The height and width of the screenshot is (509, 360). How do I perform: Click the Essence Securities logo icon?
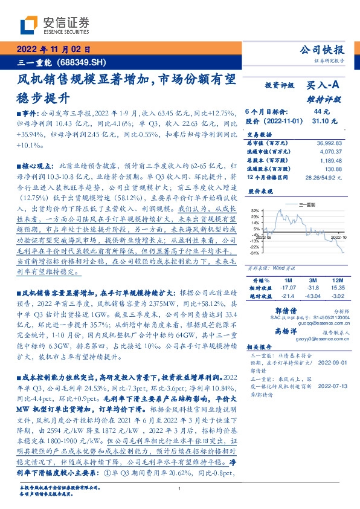point(30,24)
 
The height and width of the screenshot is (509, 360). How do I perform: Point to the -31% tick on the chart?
point(254,253)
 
